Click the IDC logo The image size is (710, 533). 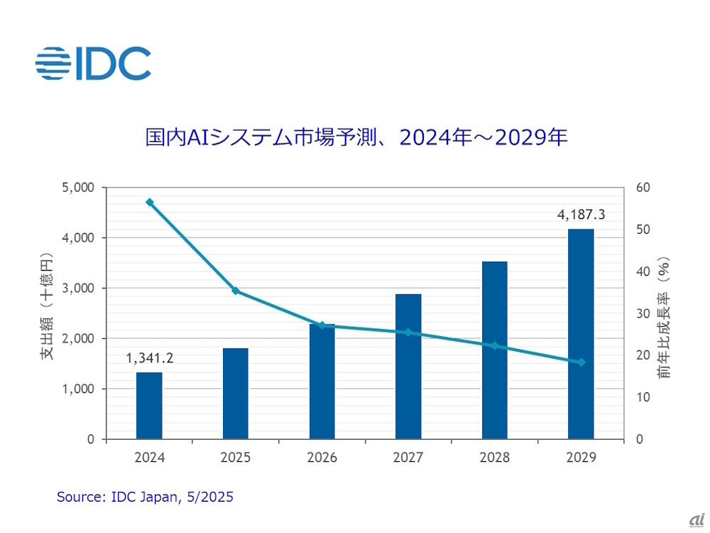click(x=93, y=63)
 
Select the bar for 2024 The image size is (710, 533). click(x=149, y=406)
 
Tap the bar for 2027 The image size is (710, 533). click(x=408, y=367)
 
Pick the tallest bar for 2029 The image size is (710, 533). click(x=581, y=334)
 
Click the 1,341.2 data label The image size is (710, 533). click(x=149, y=358)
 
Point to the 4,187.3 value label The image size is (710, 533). click(x=581, y=215)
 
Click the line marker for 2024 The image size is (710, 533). click(x=149, y=203)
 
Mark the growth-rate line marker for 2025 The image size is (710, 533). click(x=236, y=291)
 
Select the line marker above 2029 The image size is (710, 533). click(x=581, y=362)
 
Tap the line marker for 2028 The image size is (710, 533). click(x=495, y=346)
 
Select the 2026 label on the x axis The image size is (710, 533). click(x=322, y=458)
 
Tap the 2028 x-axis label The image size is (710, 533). click(x=495, y=458)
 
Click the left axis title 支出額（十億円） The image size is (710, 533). click(x=48, y=313)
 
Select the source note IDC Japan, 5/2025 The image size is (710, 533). click(x=145, y=497)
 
